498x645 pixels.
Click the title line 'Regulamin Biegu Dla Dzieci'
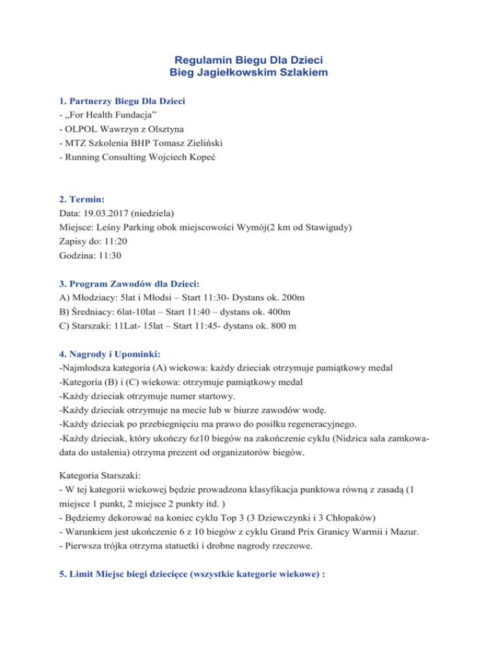(248, 59)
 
